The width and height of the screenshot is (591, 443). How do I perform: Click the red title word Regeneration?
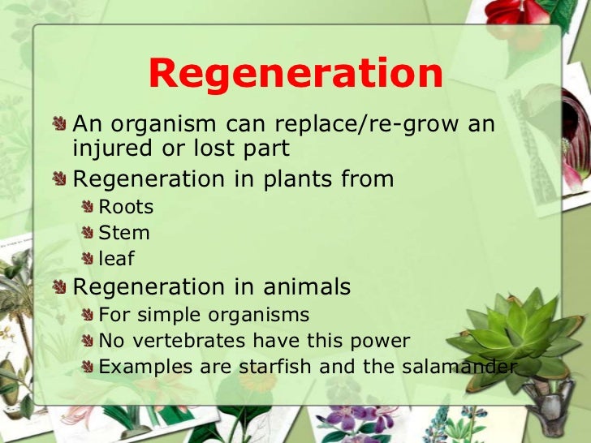point(295,74)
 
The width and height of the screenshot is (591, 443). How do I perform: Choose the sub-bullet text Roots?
point(126,207)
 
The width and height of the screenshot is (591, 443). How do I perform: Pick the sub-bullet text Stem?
point(124,233)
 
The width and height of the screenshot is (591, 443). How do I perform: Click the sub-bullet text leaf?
point(116,259)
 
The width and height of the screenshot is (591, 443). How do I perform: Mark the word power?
point(382,341)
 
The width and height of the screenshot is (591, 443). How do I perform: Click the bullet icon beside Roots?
point(88,207)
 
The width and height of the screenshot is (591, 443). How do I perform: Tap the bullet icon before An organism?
point(61,124)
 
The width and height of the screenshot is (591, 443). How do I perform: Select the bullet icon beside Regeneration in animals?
point(61,286)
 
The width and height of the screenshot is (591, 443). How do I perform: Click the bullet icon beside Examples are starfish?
point(88,367)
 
